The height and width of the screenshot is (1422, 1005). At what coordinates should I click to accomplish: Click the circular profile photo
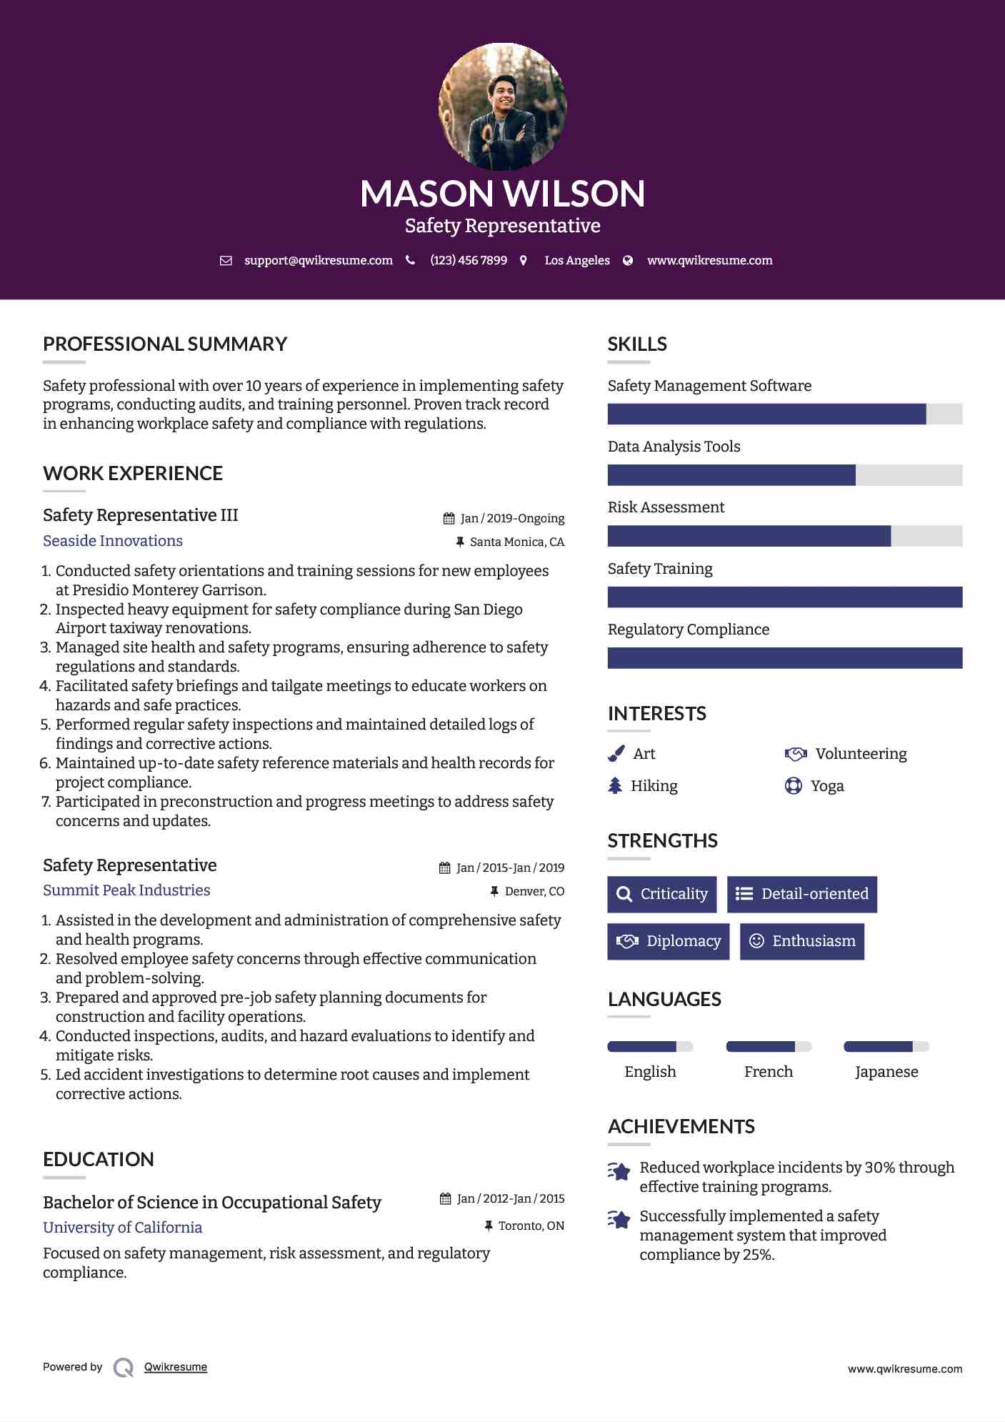pyautogui.click(x=502, y=107)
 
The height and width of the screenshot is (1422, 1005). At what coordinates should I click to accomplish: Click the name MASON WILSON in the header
pyautogui.click(x=502, y=194)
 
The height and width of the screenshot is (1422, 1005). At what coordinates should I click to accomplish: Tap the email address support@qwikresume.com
pyautogui.click(x=318, y=261)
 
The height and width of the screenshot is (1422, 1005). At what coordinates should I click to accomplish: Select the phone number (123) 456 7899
pyautogui.click(x=469, y=261)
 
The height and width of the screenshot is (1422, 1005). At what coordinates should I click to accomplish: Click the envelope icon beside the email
pyautogui.click(x=226, y=261)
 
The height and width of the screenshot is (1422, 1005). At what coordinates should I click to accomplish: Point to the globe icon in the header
pyautogui.click(x=628, y=261)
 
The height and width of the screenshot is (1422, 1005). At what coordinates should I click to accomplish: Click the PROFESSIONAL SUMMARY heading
pyautogui.click(x=165, y=344)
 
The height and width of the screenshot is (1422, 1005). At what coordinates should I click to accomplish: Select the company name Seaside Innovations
pyautogui.click(x=113, y=541)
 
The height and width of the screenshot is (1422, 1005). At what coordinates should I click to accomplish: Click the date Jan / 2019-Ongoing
pyautogui.click(x=512, y=519)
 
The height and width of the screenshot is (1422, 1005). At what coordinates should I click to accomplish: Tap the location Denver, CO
pyautogui.click(x=534, y=892)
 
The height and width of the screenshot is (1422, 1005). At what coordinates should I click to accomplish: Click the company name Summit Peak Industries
pyautogui.click(x=126, y=890)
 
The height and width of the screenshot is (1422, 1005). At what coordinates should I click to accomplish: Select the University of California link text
pyautogui.click(x=122, y=1228)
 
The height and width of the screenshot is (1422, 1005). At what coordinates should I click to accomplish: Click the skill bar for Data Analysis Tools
pyautogui.click(x=784, y=475)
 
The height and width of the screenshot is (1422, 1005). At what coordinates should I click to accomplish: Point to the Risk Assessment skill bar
pyautogui.click(x=784, y=536)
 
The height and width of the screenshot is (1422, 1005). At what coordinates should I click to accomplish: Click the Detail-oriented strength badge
pyautogui.click(x=801, y=895)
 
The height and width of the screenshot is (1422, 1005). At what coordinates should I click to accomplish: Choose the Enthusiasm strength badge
pyautogui.click(x=801, y=941)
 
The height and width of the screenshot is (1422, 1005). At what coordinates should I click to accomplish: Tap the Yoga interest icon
pyautogui.click(x=793, y=786)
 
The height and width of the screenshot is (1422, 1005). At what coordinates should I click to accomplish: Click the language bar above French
pyautogui.click(x=769, y=1047)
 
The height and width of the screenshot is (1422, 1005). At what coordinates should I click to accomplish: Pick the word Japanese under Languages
pyautogui.click(x=886, y=1072)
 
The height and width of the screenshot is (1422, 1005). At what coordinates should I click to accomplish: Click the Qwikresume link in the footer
pyautogui.click(x=176, y=1367)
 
